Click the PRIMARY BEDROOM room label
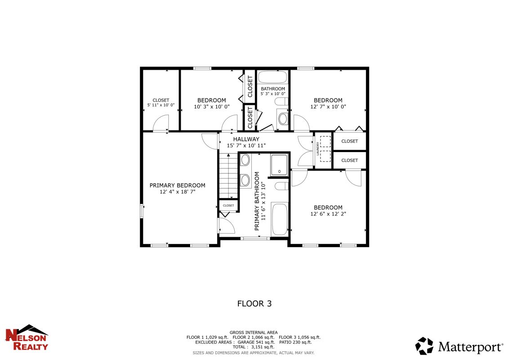pyautogui.click(x=177, y=185)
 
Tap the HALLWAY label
pyautogui.click(x=246, y=139)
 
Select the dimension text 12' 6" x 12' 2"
pyautogui.click(x=328, y=214)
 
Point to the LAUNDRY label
pyautogui.click(x=318, y=149)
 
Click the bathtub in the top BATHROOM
pyautogui.click(x=272, y=77)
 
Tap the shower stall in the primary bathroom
pyautogui.click(x=279, y=165)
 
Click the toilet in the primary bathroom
pyautogui.click(x=281, y=186)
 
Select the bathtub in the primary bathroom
pyautogui.click(x=280, y=219)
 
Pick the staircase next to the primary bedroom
pyautogui.click(x=228, y=176)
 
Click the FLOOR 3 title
pyautogui.click(x=254, y=303)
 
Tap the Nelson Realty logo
pyautogui.click(x=27, y=337)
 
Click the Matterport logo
pyautogui.click(x=459, y=346)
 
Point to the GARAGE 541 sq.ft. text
pyautogui.click(x=256, y=342)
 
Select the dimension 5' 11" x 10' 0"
pyautogui.click(x=161, y=105)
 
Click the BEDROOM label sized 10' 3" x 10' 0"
pyautogui.click(x=212, y=100)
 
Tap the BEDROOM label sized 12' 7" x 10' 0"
pyautogui.click(x=328, y=100)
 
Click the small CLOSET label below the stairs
pyautogui.click(x=228, y=205)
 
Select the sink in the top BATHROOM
pyautogui.click(x=283, y=119)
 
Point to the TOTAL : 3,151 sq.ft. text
pyautogui.click(x=254, y=347)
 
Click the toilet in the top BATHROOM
pyautogui.click(x=281, y=102)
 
